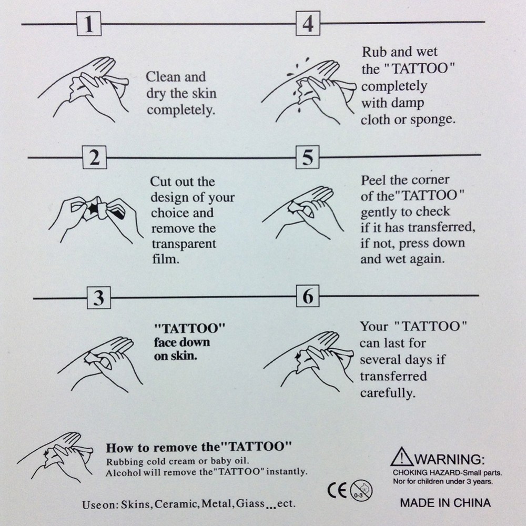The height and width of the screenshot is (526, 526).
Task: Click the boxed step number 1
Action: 89,24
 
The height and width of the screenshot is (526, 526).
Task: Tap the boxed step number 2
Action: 95,157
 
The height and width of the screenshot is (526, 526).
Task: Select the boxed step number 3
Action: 99,298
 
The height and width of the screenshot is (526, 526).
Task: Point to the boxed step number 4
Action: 308,23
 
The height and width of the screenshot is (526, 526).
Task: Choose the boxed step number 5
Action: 308,157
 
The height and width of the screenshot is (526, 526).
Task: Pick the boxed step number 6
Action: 308,296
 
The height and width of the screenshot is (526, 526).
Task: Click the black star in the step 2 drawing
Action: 94,208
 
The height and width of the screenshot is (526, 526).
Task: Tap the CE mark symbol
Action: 337,491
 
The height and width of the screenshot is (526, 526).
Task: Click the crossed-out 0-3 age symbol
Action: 361,491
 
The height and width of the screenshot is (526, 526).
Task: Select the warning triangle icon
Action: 401,457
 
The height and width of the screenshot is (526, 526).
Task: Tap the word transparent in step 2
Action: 184,244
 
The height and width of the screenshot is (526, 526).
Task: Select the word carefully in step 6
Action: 388,393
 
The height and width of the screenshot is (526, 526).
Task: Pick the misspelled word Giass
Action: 250,503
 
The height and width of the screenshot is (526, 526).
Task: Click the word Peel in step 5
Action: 373,180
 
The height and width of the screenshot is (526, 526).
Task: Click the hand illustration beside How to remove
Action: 55,457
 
